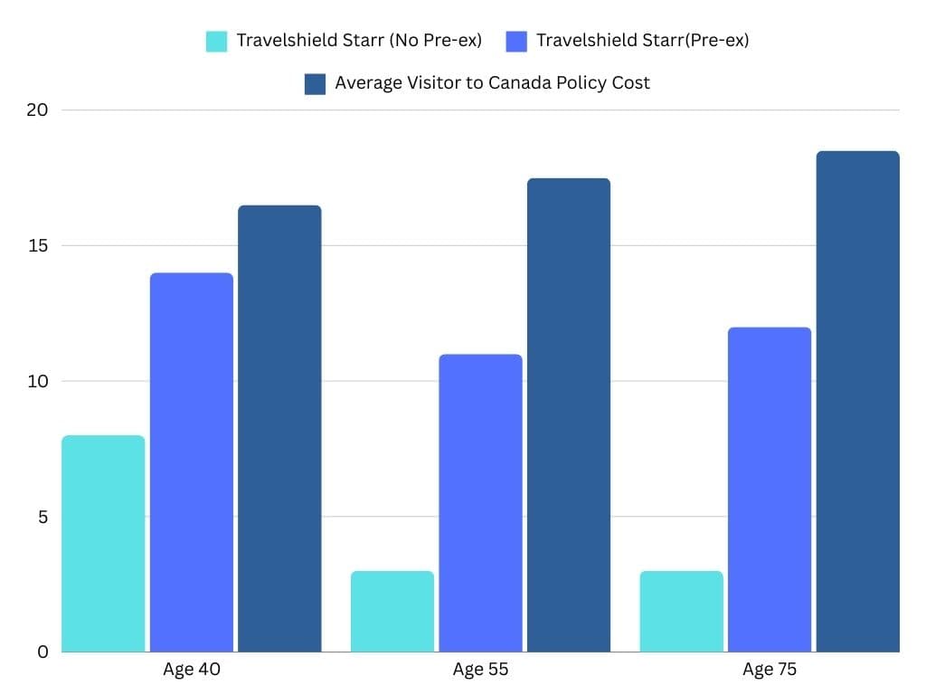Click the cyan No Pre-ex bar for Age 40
point(104,543)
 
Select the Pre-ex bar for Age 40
point(192,462)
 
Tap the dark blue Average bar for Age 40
point(279,428)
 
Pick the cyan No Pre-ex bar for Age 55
point(392,611)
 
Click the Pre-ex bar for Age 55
point(480,502)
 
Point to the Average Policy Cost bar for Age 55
point(569,414)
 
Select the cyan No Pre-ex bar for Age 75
point(682,611)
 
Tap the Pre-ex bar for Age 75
point(770,489)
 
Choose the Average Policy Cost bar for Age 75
point(857,401)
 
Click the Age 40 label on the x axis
point(192,671)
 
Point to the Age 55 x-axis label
point(480,671)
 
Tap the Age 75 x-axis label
point(770,671)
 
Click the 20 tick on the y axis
point(37,110)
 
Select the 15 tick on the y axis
point(37,246)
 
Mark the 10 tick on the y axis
point(37,381)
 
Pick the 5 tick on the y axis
point(43,517)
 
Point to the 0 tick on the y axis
point(43,652)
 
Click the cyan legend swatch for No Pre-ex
point(216,41)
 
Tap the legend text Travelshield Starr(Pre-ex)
point(642,41)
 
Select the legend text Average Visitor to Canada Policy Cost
point(492,83)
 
